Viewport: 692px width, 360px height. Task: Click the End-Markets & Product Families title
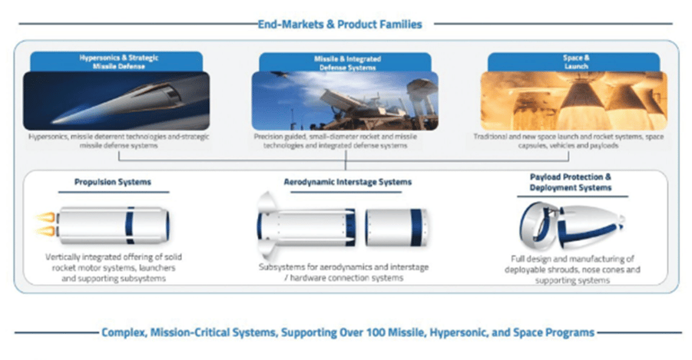point(339,25)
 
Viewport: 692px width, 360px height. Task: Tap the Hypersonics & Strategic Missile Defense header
point(119,61)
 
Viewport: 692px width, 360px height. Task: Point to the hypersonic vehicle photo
point(117,101)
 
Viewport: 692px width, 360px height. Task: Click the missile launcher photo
point(345,101)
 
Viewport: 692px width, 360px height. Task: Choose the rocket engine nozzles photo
point(574,101)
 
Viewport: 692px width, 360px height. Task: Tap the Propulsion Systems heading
point(113,182)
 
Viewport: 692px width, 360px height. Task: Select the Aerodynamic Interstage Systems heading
point(347,182)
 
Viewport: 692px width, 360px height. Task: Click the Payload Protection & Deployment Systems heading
point(571,182)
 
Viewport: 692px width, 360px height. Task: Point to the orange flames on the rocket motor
point(46,223)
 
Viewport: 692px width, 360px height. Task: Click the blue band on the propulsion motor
point(130,225)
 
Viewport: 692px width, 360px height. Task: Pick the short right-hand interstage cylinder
point(396,226)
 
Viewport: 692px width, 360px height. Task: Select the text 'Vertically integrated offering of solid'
point(114,257)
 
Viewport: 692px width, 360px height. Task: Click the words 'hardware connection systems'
point(346,278)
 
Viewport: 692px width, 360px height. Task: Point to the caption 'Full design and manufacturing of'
point(572,259)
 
